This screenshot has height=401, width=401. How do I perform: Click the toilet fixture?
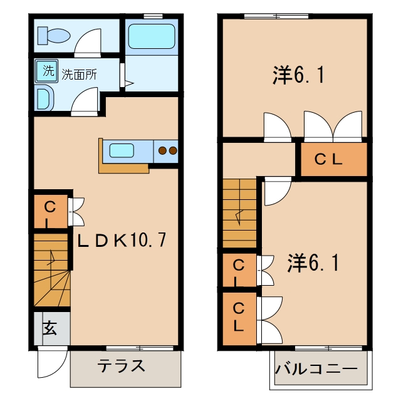pos(54,36)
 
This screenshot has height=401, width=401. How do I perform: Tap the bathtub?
pos(152,36)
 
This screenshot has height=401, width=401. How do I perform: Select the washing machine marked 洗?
pos(46,71)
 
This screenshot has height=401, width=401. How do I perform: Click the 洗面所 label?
pos(80,75)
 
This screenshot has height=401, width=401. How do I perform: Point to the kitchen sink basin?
pos(122,150)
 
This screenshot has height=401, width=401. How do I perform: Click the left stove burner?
pos(162,150)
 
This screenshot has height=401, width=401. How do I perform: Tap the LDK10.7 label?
pos(122,240)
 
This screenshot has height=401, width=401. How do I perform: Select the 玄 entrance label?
pos(49,328)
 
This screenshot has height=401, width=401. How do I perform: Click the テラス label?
pos(121,366)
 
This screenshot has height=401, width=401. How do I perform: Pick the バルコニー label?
pos(316,368)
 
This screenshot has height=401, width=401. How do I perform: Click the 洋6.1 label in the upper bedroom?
pos(298,75)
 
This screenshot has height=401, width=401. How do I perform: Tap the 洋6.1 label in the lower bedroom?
pos(313,263)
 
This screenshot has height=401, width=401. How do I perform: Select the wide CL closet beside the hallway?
pos(334,160)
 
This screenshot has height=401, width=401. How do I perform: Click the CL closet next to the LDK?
pos(51,211)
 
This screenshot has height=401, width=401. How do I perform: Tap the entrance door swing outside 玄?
pos(53,362)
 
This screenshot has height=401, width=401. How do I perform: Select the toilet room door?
pos(88,43)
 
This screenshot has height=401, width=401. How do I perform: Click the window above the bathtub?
pos(153,16)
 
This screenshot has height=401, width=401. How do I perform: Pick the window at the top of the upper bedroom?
pos(276,16)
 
